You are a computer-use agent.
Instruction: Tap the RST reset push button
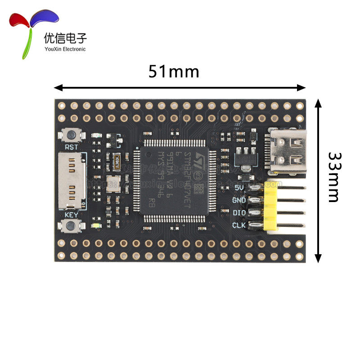(x=70, y=135)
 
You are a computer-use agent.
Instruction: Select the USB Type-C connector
(x=287, y=151)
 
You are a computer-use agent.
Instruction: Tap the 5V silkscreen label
(x=239, y=188)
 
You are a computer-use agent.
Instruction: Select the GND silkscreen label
(x=238, y=200)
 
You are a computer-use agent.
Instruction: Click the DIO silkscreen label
(x=238, y=212)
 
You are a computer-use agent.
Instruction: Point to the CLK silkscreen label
(x=238, y=225)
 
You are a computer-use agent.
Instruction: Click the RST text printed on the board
(x=72, y=147)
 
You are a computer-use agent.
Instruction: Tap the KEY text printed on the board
(x=71, y=215)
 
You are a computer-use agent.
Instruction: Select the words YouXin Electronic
(x=65, y=49)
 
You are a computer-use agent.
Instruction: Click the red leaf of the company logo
(x=20, y=20)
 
